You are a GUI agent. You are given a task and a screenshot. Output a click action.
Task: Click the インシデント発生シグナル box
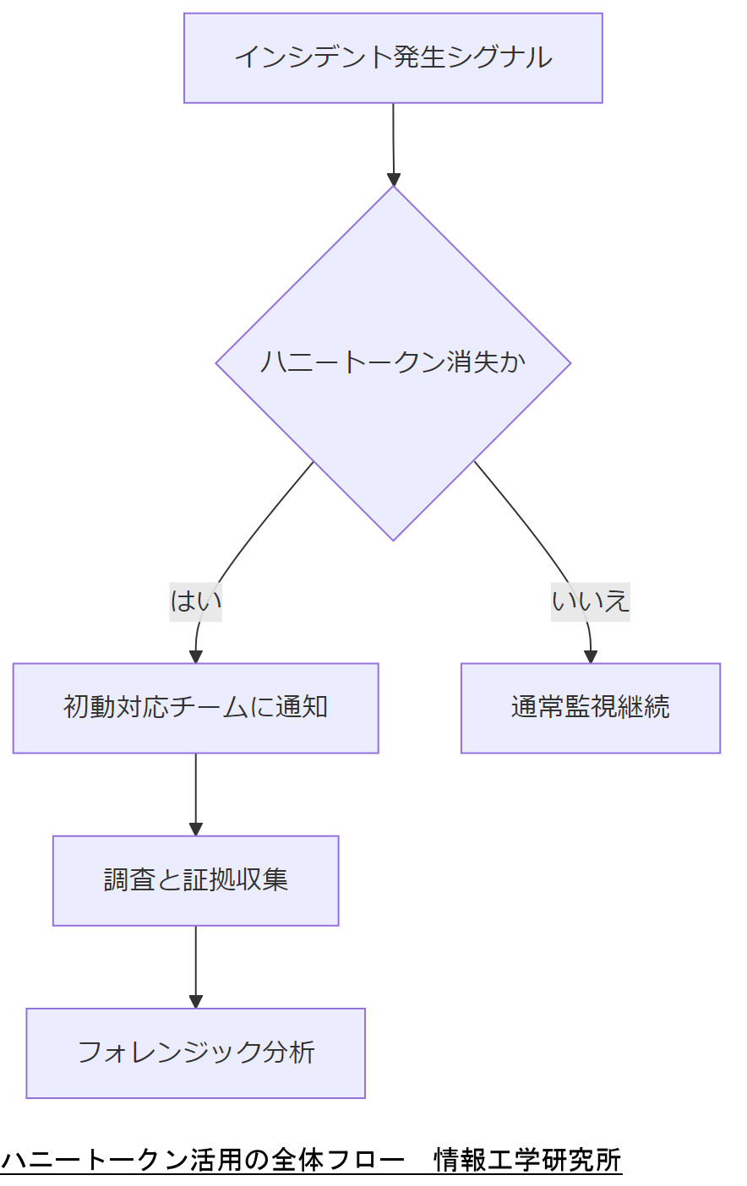point(393,57)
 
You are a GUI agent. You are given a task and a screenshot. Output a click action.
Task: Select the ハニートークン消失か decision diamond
point(393,363)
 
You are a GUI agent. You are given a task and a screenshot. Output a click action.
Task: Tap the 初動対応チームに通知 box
point(195,708)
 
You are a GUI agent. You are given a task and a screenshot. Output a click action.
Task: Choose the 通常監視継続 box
point(590,708)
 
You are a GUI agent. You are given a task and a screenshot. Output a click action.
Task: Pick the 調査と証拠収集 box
point(195,880)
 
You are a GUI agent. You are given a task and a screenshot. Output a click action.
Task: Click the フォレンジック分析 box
point(195,1053)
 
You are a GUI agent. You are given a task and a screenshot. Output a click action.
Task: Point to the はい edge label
point(195,601)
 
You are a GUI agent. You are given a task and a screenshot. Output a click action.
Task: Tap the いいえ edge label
point(590,601)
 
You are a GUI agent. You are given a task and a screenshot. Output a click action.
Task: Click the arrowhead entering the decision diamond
point(394,179)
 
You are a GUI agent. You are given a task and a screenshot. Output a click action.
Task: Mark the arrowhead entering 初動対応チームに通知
point(195,656)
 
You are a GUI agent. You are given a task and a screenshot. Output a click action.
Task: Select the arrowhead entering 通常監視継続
point(591,656)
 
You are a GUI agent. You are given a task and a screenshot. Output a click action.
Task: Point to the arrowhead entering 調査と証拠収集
point(196,830)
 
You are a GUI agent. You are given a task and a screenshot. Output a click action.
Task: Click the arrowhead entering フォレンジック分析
point(196,1002)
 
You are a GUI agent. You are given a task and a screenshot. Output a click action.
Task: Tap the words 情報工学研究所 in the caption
point(527,1160)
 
